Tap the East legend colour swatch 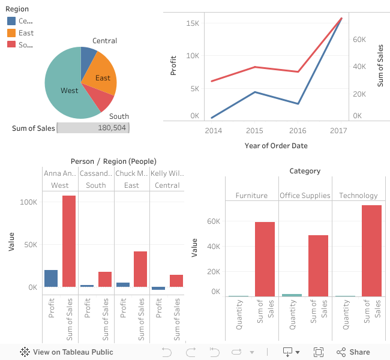coord(11,33)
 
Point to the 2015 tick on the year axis coord(254,130)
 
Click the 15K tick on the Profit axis coord(192,23)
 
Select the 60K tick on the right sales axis coord(359,39)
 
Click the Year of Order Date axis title coord(276,146)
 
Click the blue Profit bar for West coord(51,278)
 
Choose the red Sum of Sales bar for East coord(140,269)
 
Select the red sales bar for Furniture coord(265,259)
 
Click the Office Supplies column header coord(305,196)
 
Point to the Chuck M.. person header coord(131,173)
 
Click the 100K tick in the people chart coord(28,202)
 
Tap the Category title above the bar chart coord(305,171)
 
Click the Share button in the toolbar coord(353,352)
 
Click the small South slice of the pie coord(97,97)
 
